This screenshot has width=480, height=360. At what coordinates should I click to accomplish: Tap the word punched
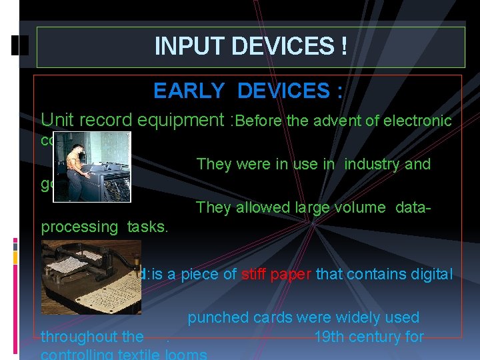click(213, 317)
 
